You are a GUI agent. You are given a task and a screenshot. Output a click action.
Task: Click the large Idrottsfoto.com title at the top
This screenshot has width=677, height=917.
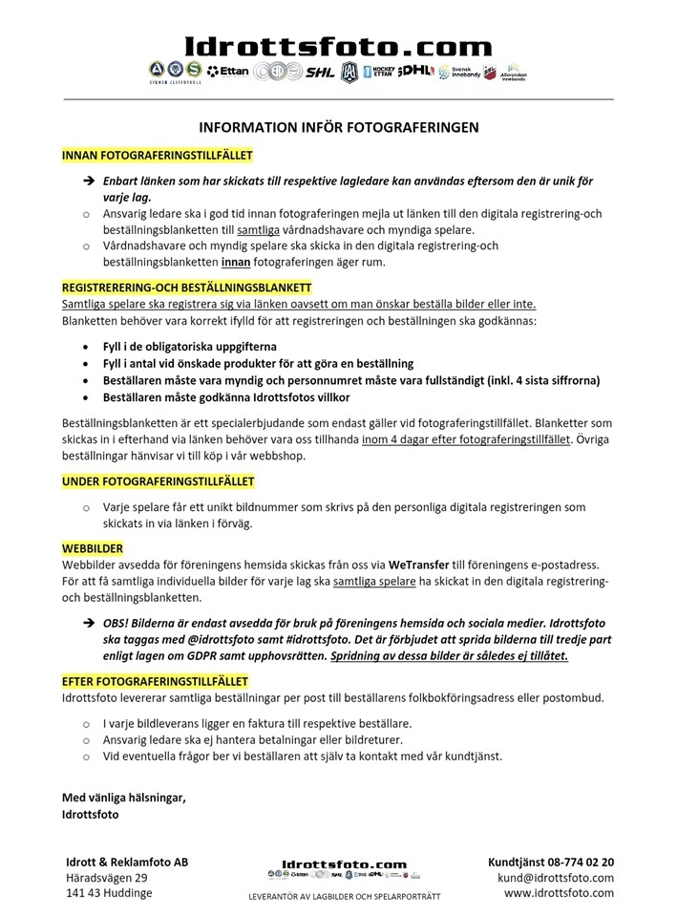point(337,46)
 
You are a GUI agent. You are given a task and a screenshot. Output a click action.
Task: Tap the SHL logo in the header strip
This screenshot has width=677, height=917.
point(320,72)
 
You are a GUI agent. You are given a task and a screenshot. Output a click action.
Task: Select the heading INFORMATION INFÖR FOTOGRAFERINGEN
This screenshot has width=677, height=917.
point(338,126)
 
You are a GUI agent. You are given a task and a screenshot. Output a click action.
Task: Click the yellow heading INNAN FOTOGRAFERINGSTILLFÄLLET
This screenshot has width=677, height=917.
point(158,154)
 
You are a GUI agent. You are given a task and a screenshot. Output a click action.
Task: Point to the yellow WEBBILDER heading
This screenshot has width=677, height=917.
point(93,549)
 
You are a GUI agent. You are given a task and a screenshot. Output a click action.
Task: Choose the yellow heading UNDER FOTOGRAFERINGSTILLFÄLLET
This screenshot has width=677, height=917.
point(159,481)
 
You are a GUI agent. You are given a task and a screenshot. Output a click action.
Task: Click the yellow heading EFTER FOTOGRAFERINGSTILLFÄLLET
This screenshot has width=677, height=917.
point(156,681)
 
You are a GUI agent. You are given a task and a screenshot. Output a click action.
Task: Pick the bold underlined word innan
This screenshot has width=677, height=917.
point(240,262)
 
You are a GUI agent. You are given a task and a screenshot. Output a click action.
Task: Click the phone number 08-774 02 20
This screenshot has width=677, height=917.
point(578,862)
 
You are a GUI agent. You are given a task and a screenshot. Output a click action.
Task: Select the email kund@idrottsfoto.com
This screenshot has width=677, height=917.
point(556,878)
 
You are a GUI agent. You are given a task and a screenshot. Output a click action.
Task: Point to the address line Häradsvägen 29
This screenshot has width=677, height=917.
point(107,878)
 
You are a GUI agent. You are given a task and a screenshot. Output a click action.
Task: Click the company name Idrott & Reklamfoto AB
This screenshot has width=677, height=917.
point(127,862)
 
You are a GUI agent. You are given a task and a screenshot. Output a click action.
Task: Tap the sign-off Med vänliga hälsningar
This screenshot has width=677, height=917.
point(124,798)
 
